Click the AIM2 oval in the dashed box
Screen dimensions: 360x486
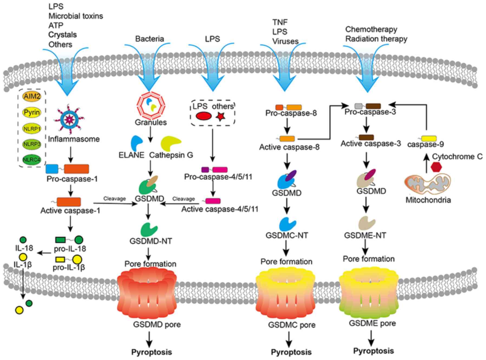[32, 96]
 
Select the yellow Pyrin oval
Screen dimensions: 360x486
[32, 112]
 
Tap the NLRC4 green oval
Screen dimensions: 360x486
[32, 160]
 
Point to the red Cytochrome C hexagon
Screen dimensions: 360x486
[436, 167]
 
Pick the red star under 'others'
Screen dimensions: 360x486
[221, 116]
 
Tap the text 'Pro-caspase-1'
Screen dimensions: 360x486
[72, 179]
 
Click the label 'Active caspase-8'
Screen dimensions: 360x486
[289, 147]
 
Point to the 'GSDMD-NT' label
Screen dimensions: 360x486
[151, 241]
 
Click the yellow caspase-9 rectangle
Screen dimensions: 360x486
[429, 139]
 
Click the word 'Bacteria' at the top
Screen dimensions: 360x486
[149, 39]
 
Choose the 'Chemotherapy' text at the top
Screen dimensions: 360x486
[371, 29]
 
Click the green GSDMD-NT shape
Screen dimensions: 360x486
[149, 230]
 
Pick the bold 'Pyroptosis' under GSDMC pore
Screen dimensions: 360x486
[291, 352]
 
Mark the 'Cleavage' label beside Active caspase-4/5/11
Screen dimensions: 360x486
[184, 199]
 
